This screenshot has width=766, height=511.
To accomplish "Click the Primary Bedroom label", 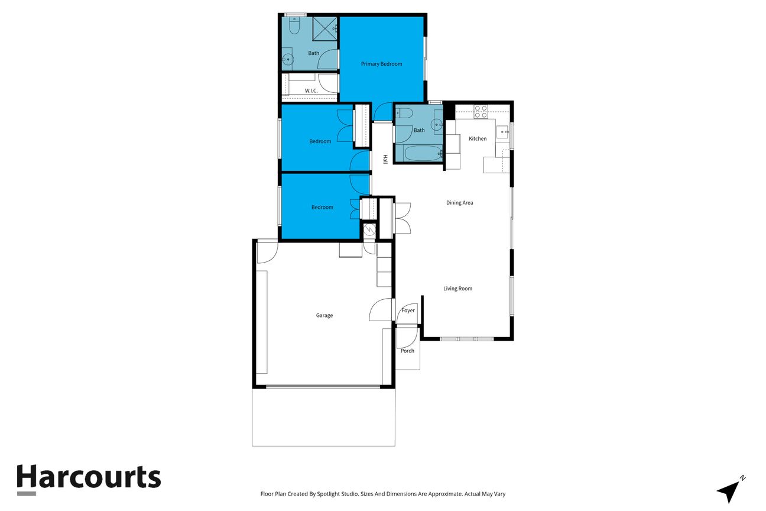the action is [x=381, y=64].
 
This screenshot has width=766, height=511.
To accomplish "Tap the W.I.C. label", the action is [x=311, y=90].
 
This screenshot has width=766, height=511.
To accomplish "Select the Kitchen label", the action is [x=478, y=138].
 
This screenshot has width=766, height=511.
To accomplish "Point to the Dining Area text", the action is [x=459, y=203].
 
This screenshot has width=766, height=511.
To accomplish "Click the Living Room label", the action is [x=457, y=289].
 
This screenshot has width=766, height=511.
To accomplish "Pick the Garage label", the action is [x=324, y=316].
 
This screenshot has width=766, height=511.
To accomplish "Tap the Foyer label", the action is [x=408, y=311].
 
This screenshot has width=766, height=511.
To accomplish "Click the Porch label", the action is [x=407, y=351].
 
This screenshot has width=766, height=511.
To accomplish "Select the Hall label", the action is [x=385, y=159].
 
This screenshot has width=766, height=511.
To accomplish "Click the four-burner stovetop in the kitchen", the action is [x=481, y=112].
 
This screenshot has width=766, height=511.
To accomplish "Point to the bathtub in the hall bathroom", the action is [x=423, y=153].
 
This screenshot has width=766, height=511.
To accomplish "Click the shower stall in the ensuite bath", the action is [x=325, y=29].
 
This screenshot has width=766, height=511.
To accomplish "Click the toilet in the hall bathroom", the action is [x=405, y=112].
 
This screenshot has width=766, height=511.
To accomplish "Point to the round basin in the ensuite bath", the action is [x=288, y=60].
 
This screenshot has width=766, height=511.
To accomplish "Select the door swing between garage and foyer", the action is [x=380, y=309].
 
